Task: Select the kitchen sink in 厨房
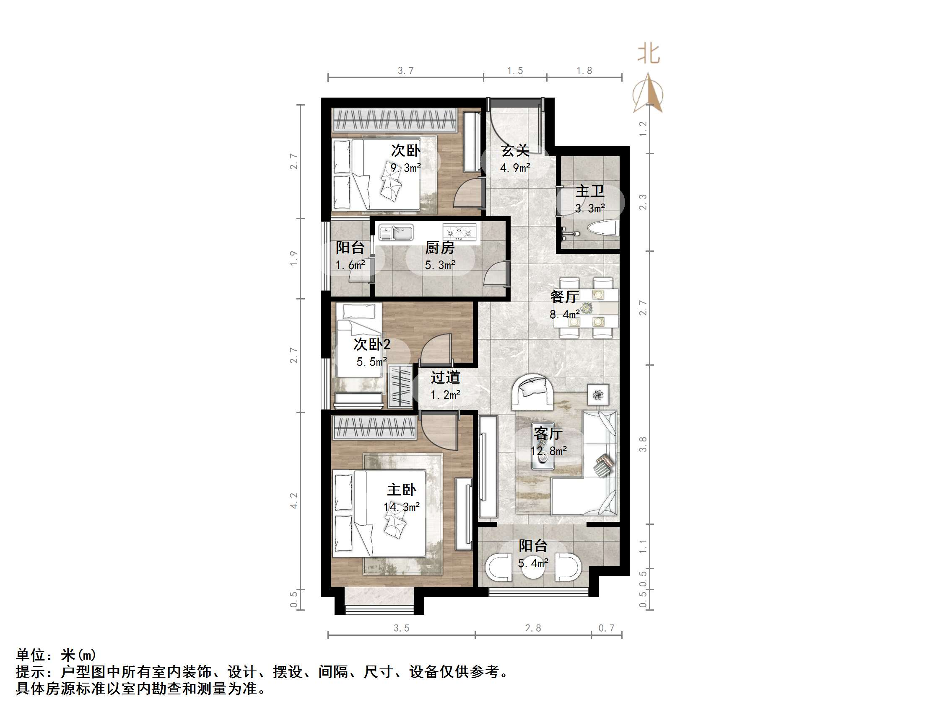(396, 232)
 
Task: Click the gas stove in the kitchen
(459, 232)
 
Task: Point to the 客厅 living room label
(548, 433)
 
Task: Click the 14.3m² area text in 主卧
(402, 507)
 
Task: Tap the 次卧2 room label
(371, 344)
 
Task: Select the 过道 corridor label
(445, 377)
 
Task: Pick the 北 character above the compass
(648, 54)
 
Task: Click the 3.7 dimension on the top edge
(405, 71)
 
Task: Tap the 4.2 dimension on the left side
(294, 500)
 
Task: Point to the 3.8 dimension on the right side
(643, 444)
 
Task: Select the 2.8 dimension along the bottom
(532, 628)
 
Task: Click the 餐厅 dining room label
(564, 297)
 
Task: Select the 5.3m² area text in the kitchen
(440, 265)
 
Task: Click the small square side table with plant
(598, 395)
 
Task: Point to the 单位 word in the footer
(31, 655)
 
